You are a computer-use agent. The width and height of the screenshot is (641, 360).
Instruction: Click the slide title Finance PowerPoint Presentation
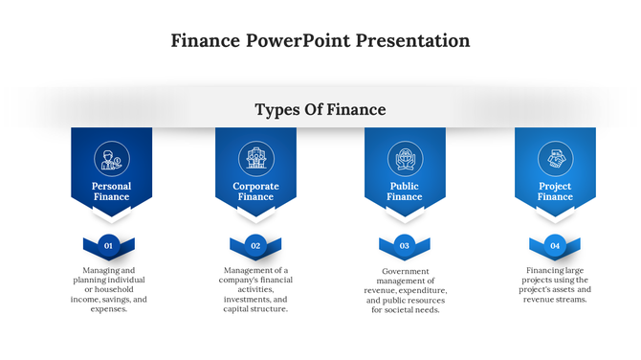click(320, 40)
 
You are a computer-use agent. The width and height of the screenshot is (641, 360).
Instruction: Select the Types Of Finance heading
click(320, 110)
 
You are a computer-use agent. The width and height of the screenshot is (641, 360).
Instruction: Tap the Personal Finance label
click(111, 191)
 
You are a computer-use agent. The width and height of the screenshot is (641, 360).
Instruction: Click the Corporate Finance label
click(255, 191)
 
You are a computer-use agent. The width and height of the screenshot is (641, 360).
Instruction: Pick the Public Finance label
click(405, 191)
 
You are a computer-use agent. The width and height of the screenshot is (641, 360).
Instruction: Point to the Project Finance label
click(555, 191)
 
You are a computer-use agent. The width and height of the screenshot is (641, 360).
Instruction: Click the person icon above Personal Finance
click(111, 158)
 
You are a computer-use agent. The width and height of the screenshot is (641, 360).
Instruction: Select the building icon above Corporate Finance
click(255, 158)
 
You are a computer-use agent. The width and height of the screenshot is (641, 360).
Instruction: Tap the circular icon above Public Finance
click(405, 158)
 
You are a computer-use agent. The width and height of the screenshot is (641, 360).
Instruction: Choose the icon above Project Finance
click(555, 158)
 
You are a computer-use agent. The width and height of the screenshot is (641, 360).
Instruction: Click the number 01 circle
click(109, 246)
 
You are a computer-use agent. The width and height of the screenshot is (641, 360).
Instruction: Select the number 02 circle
click(255, 246)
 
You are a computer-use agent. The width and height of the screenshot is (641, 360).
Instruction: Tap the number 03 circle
click(405, 246)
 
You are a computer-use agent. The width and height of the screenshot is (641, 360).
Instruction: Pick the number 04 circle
click(555, 246)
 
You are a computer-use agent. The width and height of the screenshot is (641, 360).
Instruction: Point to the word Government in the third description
click(405, 271)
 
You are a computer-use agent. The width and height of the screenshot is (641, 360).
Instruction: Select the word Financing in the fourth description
click(546, 270)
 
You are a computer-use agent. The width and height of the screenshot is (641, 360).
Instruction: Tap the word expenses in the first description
click(107, 309)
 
